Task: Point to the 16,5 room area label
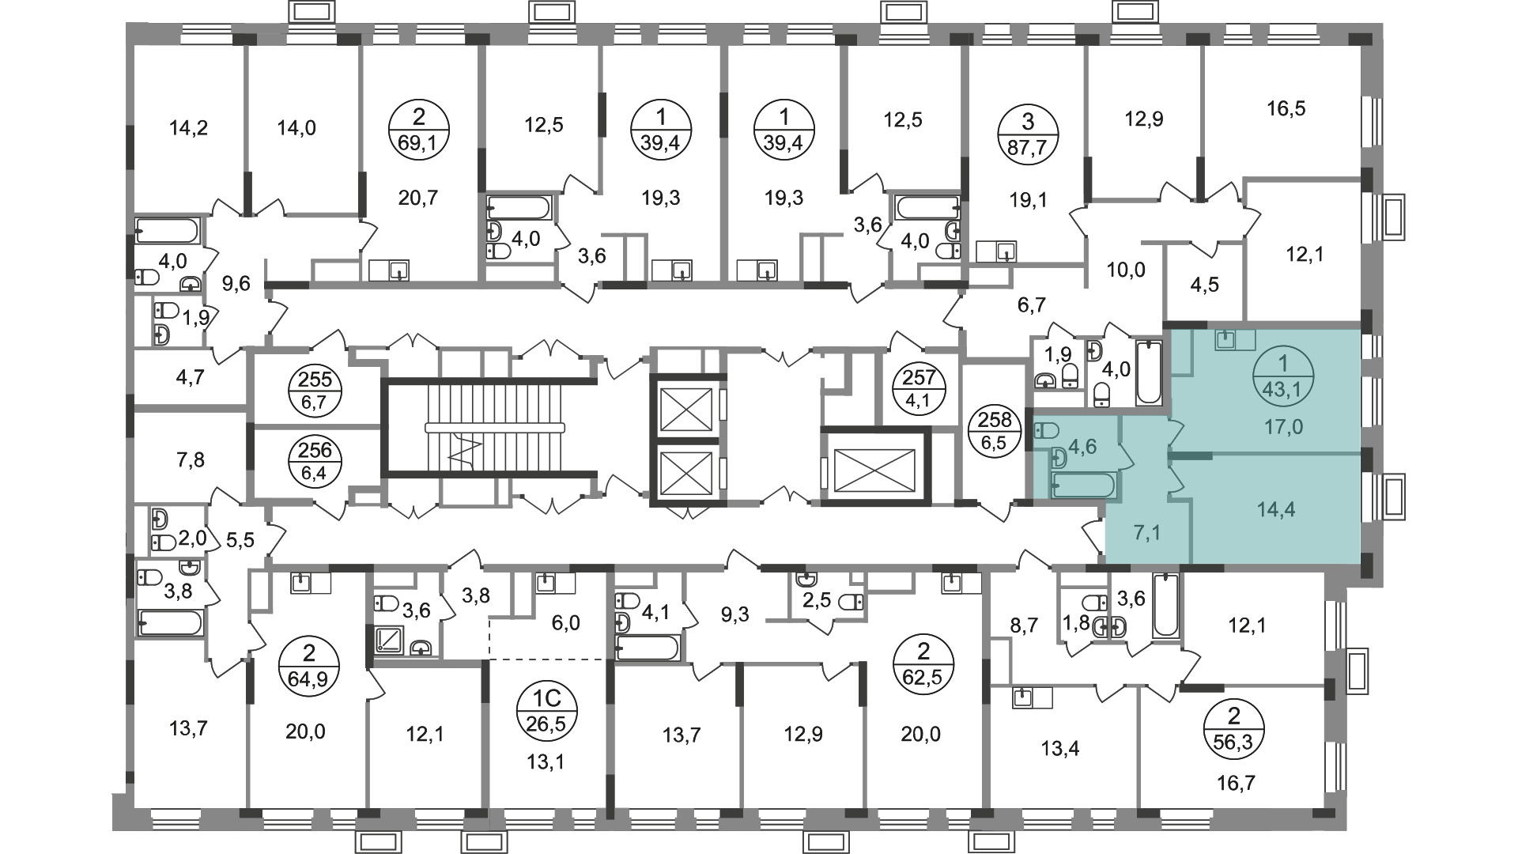1286,108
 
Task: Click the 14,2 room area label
189,127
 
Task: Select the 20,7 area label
418,198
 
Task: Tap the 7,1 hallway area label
1146,533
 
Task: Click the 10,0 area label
1125,270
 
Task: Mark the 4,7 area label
190,377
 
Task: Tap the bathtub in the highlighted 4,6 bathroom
1083,485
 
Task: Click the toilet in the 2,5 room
852,603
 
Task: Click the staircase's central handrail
496,428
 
